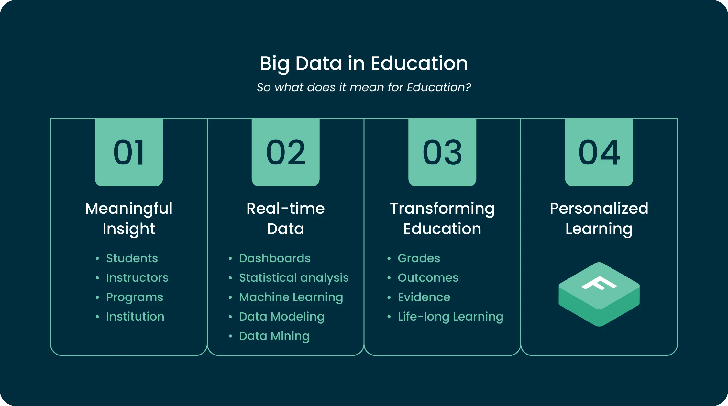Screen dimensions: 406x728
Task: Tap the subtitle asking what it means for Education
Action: tap(364, 87)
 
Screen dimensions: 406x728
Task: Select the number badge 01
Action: tap(129, 152)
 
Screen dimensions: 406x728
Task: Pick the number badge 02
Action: tap(285, 152)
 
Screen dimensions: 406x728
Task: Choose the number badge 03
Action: tap(442, 152)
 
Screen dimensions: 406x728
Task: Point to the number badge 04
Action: tap(599, 152)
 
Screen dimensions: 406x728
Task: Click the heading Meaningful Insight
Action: tap(129, 219)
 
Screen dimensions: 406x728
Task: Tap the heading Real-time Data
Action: tap(285, 219)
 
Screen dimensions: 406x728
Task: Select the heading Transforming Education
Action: tap(442, 219)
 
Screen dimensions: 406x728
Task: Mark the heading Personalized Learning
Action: tap(599, 219)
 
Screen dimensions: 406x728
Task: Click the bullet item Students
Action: tap(132, 258)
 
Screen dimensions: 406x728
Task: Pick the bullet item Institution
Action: tap(135, 317)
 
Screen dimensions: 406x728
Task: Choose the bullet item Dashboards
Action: tap(275, 258)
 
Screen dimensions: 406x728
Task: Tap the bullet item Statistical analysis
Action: tap(294, 278)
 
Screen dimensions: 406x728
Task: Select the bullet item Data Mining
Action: tap(274, 336)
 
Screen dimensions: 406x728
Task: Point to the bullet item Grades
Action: tap(419, 258)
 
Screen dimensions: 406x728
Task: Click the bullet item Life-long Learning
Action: tap(450, 317)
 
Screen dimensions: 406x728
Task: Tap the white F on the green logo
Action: tap(599, 283)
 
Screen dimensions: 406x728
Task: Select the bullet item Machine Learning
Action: tap(291, 297)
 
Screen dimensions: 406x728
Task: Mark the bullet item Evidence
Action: tap(424, 297)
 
